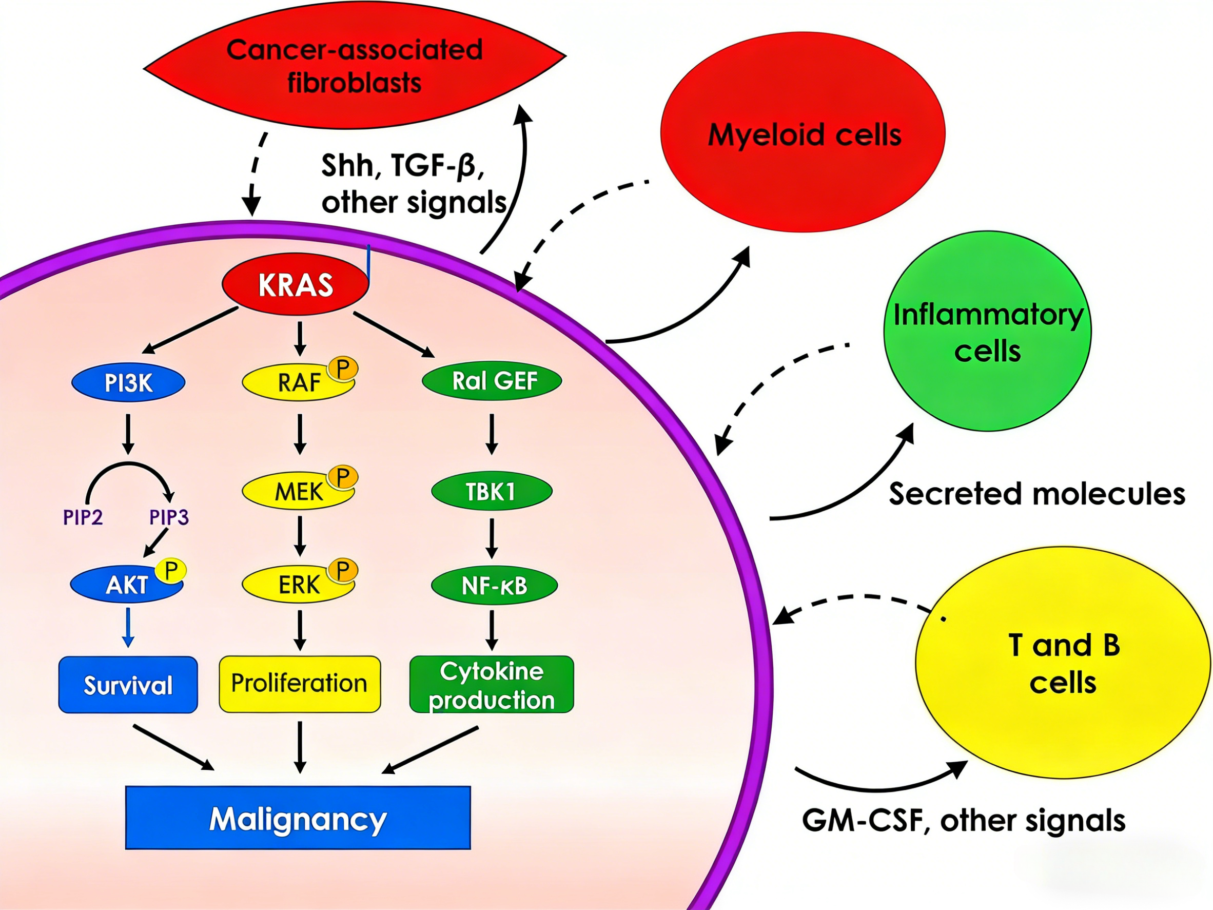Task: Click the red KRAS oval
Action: [295, 284]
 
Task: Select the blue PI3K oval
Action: [128, 382]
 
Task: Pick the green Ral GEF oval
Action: [492, 380]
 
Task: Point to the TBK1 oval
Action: [492, 491]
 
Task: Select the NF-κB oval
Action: [494, 585]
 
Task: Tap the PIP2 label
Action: [83, 517]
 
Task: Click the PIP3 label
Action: [169, 517]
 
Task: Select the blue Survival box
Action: [128, 685]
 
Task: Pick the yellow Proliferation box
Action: [300, 684]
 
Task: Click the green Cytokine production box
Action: [492, 685]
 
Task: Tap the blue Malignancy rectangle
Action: [298, 818]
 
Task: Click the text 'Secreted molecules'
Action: [1036, 494]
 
